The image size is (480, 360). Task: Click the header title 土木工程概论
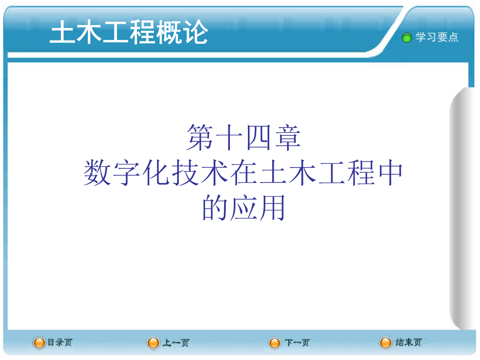pyautogui.click(x=129, y=32)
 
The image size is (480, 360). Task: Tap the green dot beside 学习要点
pyautogui.click(x=406, y=37)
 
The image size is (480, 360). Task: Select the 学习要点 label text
pyautogui.click(x=437, y=37)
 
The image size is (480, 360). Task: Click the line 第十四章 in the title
pyautogui.click(x=243, y=137)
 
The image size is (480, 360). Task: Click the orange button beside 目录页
pyautogui.click(x=39, y=343)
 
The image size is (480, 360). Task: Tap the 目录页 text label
pyautogui.click(x=60, y=342)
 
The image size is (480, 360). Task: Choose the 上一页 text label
pyautogui.click(x=175, y=343)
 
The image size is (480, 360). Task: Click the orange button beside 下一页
pyautogui.click(x=275, y=343)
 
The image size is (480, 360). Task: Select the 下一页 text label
pyautogui.click(x=297, y=343)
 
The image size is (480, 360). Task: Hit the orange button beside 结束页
pyautogui.click(x=385, y=343)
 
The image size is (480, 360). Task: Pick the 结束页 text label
pyautogui.click(x=408, y=342)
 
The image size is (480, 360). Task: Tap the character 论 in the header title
pyautogui.click(x=195, y=32)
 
